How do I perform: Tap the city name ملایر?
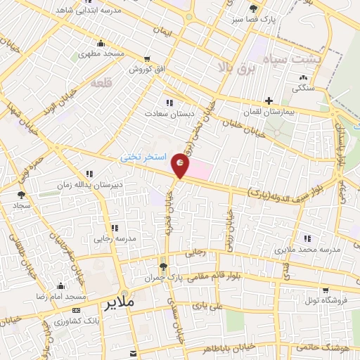pos(120,304)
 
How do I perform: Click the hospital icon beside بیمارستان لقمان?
pos(269,101)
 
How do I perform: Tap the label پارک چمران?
pos(163,278)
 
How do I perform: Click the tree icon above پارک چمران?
pos(163,266)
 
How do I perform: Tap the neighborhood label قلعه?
pos(102,82)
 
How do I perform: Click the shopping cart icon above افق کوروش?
pos(146,58)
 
